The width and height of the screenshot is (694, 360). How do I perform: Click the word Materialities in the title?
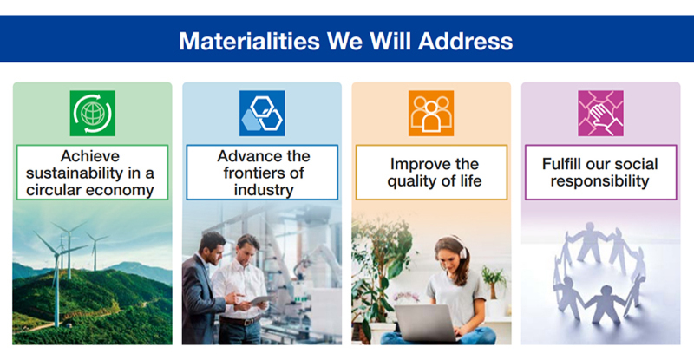pyautogui.click(x=249, y=41)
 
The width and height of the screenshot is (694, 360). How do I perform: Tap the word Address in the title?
pyautogui.click(x=465, y=41)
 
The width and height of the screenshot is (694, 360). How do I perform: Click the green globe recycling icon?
pyautogui.click(x=93, y=114)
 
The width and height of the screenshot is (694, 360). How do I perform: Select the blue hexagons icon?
pyautogui.click(x=262, y=114)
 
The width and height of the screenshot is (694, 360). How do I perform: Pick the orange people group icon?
pyautogui.click(x=431, y=114)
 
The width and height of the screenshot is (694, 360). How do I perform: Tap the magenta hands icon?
pyautogui.click(x=600, y=114)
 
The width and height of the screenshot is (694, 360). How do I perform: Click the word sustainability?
pyautogui.click(x=75, y=173)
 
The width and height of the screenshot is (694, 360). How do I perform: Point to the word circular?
pyautogui.click(x=53, y=190)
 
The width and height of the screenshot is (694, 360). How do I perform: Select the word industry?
pyautogui.click(x=264, y=190)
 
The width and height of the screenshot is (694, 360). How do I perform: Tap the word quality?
pyautogui.click(x=408, y=181)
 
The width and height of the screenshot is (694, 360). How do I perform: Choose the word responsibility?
pyautogui.click(x=599, y=181)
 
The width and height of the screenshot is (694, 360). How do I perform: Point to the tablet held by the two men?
pyautogui.click(x=259, y=300)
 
